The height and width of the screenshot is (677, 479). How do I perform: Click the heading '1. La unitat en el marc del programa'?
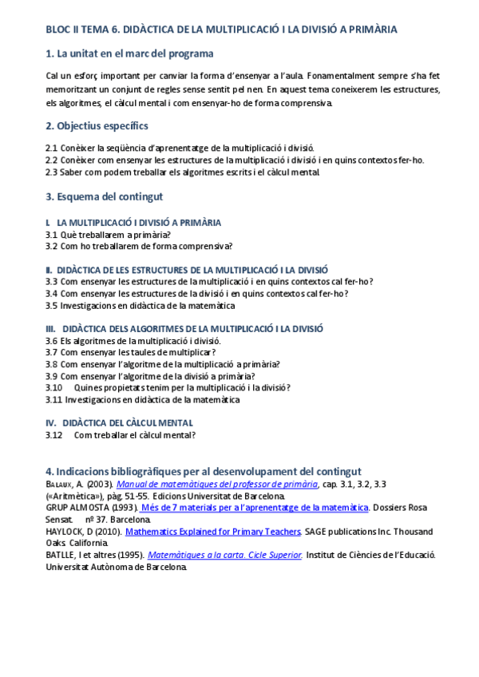(129, 53)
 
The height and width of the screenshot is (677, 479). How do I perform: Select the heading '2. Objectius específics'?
(97, 126)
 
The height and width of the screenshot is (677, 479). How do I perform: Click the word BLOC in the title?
(58, 30)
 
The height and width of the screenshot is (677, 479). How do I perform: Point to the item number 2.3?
(51, 172)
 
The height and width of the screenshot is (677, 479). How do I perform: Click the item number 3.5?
(51, 305)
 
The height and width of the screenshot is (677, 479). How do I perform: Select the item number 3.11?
(53, 399)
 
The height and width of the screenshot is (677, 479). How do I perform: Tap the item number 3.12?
(53, 435)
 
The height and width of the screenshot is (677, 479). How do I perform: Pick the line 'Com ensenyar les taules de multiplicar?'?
(138, 352)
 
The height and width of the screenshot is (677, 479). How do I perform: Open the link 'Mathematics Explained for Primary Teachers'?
(212, 530)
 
